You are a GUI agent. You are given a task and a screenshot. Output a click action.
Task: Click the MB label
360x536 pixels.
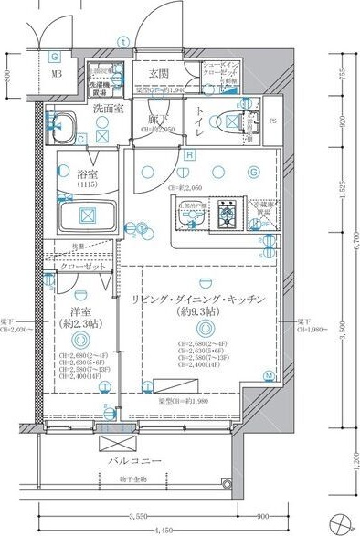click(56, 75)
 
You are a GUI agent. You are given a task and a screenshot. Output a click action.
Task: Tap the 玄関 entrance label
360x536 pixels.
click(159, 74)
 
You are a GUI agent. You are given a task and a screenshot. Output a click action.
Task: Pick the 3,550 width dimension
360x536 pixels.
click(138, 514)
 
